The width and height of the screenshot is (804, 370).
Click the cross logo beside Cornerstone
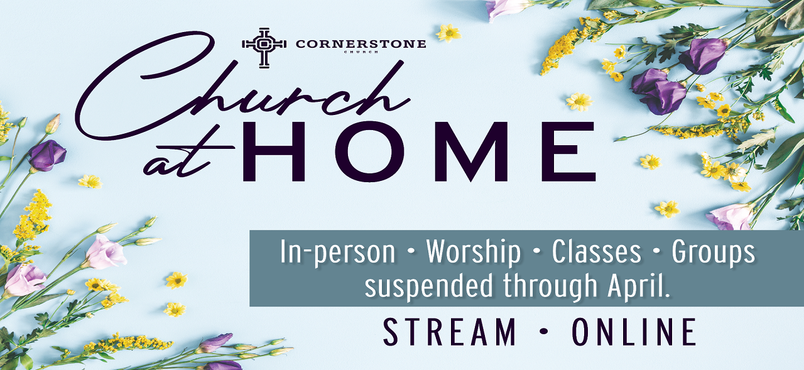coord(264,48)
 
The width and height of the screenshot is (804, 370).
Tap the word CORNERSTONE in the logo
coord(361,44)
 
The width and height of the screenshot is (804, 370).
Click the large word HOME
coord(420,152)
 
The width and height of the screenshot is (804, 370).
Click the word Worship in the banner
coord(474,253)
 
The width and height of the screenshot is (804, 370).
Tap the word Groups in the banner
coord(713,253)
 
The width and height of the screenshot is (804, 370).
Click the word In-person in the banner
coord(337,253)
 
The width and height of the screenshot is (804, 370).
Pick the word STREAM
coord(449,332)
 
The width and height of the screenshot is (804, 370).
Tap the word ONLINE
coord(634,332)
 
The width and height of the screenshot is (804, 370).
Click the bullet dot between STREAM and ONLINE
coord(544,332)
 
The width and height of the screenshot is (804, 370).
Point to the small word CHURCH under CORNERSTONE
coord(361,52)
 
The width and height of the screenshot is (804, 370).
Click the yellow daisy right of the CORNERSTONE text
coord(448,33)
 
